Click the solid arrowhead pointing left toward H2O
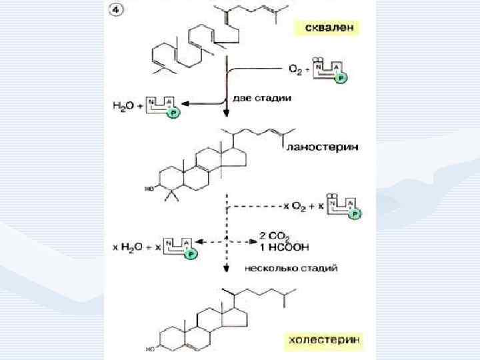point(184,103)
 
